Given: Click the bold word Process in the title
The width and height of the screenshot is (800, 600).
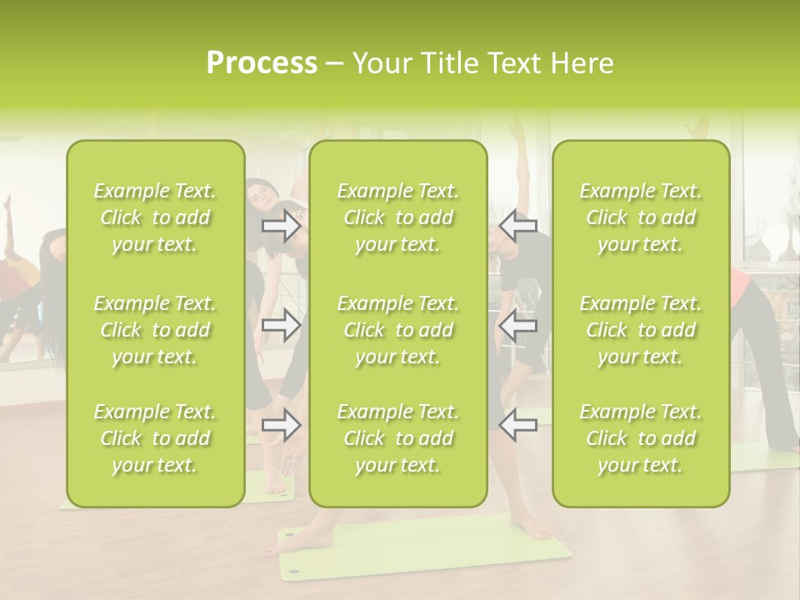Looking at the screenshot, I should pyautogui.click(x=262, y=63).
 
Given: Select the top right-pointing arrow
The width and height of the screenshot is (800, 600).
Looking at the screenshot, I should pyautogui.click(x=281, y=226).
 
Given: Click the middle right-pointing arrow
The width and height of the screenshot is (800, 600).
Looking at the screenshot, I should pyautogui.click(x=281, y=326).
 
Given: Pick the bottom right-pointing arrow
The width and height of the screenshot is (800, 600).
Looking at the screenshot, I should pyautogui.click(x=281, y=425).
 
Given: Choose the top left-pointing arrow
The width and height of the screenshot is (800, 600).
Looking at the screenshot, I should pyautogui.click(x=517, y=226).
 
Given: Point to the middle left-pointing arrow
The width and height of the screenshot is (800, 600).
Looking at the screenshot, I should pyautogui.click(x=517, y=326).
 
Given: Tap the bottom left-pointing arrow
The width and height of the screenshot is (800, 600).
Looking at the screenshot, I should pyautogui.click(x=517, y=425).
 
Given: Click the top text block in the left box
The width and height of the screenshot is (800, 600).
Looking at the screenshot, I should pyautogui.click(x=155, y=217).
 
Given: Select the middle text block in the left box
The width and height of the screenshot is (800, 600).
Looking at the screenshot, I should pyautogui.click(x=155, y=330).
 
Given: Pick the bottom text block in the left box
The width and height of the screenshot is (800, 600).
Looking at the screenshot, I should pyautogui.click(x=155, y=438).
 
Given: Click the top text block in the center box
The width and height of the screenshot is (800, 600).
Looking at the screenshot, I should pyautogui.click(x=398, y=217).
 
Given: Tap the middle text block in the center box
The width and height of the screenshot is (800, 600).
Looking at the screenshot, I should pyautogui.click(x=398, y=330).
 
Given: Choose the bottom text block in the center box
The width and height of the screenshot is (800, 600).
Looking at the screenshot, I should pyautogui.click(x=398, y=438).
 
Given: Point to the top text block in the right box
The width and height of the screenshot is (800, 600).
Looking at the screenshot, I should pyautogui.click(x=641, y=217).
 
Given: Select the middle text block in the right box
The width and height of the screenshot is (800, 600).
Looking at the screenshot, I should pyautogui.click(x=641, y=330).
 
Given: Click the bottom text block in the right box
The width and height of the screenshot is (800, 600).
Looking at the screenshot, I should pyautogui.click(x=641, y=438).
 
